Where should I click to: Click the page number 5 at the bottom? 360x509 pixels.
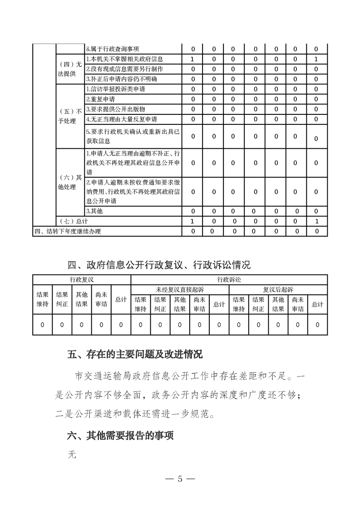coord(180,479)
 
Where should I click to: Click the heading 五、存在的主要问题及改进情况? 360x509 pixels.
coord(135,354)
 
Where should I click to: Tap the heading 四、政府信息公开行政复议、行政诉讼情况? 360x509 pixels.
coord(159,264)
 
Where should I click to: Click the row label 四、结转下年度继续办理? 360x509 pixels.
coord(68,231)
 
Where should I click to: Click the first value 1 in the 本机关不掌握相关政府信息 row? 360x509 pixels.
coord(192,59)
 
